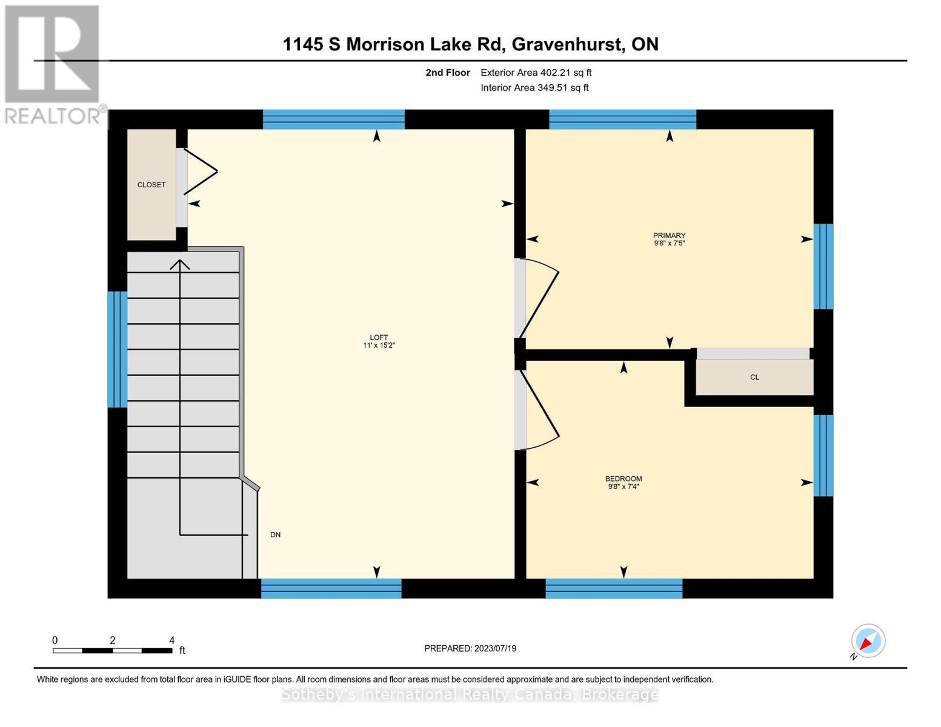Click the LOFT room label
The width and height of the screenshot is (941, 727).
pos(379,338)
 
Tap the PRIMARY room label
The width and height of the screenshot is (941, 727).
pos(669,236)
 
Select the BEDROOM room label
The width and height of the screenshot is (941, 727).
pos(623,479)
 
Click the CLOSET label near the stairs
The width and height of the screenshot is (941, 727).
pos(151,185)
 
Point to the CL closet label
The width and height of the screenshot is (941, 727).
pos(754,377)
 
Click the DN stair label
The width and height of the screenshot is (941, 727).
pos(275,535)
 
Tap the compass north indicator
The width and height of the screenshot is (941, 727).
pos(868,641)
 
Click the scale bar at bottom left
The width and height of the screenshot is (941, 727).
pos(112,650)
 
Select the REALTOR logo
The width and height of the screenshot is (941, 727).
pos(53,64)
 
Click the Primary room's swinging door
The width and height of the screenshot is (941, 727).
pos(538,298)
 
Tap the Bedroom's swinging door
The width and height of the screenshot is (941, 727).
pos(538,411)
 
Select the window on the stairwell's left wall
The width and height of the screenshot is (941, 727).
pos(117,349)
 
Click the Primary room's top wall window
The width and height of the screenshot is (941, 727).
pos(622,119)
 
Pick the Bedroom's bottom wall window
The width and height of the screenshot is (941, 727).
pos(614,588)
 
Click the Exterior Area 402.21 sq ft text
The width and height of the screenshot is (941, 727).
pos(536,73)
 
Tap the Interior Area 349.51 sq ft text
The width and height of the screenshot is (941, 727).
pos(534,88)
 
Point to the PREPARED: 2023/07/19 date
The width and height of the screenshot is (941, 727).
pos(470,648)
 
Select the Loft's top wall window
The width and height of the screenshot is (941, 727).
pos(333,119)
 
